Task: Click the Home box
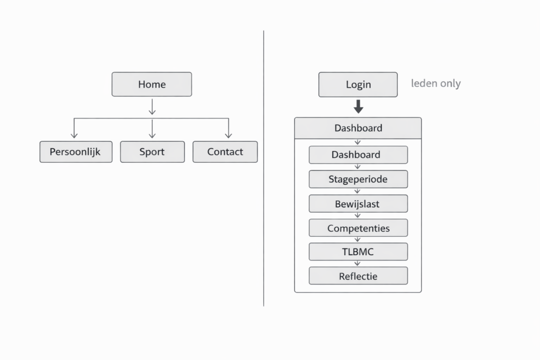[151, 84]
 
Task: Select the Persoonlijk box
[76, 152]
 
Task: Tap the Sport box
[152, 152]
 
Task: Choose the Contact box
[225, 152]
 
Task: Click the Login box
[358, 84]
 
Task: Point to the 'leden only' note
[436, 83]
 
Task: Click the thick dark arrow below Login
[358, 107]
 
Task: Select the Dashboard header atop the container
[358, 128]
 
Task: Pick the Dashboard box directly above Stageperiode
[358, 155]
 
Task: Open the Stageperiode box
[358, 179]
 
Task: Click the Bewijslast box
[358, 203]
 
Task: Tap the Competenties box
[358, 228]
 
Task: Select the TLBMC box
[358, 252]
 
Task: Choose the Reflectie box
[358, 276]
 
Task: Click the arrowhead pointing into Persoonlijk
[74, 136]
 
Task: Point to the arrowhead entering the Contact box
[228, 136]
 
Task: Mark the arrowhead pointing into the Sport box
[152, 136]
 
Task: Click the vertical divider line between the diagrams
[264, 169]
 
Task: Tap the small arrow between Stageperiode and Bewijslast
[358, 191]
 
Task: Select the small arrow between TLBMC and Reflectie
[358, 264]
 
